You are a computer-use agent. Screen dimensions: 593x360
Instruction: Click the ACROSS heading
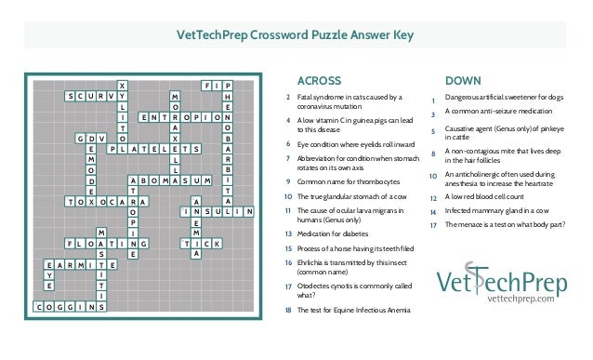click(318, 79)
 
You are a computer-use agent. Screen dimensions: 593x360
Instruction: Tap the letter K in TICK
click(216, 244)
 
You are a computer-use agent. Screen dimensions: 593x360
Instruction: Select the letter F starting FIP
click(205, 85)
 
